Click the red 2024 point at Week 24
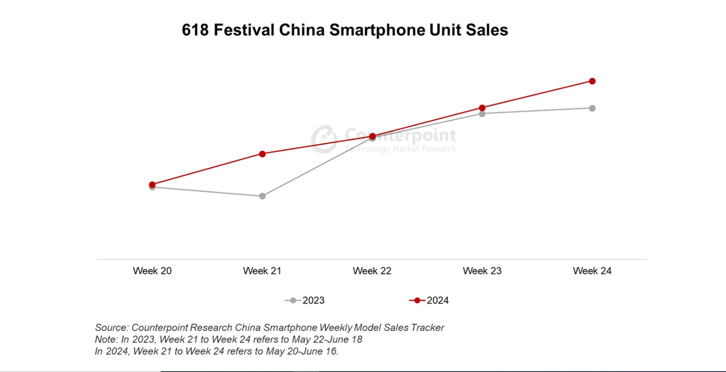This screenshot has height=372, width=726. coord(592,81)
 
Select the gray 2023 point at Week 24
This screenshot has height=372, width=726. coord(592,109)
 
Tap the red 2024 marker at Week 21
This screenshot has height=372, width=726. coord(262,154)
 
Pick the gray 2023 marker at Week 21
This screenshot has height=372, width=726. coord(262,196)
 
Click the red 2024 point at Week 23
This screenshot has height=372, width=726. coord(482,108)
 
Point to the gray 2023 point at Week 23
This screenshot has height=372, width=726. coord(482,114)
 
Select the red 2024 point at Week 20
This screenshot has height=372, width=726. coord(152,185)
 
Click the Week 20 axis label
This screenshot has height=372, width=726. coord(152,271)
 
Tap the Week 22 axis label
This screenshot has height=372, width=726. coord(372,271)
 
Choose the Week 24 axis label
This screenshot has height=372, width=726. coord(592,271)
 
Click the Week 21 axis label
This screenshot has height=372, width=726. coord(262,271)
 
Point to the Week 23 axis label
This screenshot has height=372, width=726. coord(482,271)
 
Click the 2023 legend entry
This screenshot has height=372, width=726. coord(305,300)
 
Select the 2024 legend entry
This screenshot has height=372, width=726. coord(429,300)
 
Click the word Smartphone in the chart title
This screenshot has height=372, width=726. coord(377,30)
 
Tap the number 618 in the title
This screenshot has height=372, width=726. coord(195,30)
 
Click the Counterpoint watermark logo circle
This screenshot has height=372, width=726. coord(324,139)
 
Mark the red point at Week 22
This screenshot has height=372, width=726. coord(372,136)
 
